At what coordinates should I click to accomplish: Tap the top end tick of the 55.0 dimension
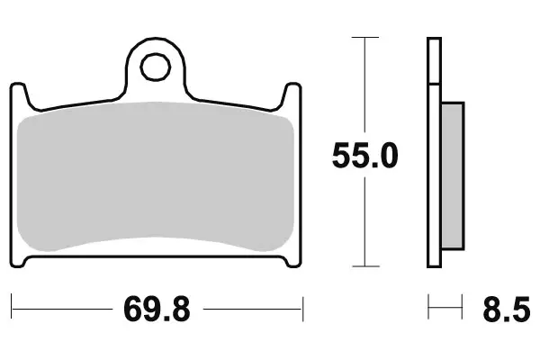tap(364, 38)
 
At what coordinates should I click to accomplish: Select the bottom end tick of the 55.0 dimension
tap(364, 266)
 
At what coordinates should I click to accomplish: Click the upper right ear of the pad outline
tap(293, 90)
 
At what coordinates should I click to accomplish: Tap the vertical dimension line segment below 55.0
tap(364, 225)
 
